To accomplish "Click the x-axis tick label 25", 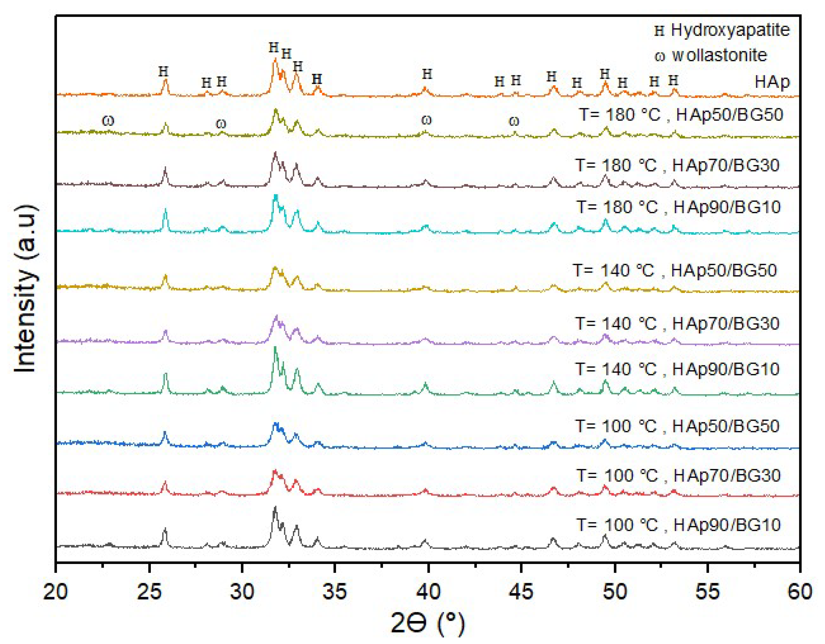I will (x=149, y=592).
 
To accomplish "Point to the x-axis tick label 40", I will (x=429, y=592).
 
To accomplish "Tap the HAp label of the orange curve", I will (x=772, y=82).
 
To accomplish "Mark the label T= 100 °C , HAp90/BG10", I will (x=678, y=525).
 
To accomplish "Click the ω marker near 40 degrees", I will (x=426, y=120).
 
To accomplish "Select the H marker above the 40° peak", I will (x=427, y=74).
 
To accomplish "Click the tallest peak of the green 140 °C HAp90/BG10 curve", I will (x=275, y=348).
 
